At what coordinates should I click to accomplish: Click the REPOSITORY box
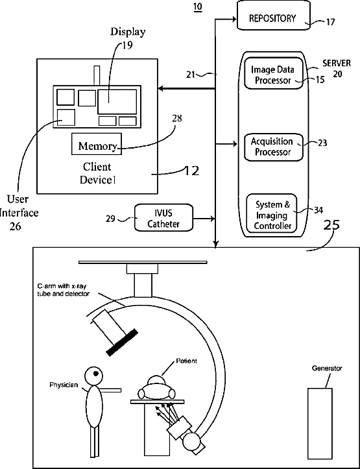(274, 15)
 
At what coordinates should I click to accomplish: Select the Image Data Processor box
(274, 73)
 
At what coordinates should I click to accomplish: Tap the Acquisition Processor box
(274, 147)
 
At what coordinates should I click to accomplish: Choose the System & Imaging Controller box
(272, 213)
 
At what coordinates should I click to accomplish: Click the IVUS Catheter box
(163, 217)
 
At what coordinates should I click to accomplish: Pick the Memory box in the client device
(97, 144)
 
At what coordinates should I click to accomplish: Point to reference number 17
(330, 22)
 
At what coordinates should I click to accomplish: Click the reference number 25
(331, 225)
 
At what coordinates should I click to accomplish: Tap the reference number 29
(110, 219)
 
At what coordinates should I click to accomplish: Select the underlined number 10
(198, 6)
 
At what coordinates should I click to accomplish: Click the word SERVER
(337, 64)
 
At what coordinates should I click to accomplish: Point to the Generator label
(327, 368)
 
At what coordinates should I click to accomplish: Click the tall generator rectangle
(320, 427)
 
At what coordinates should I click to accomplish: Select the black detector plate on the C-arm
(122, 343)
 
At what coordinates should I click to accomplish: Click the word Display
(128, 31)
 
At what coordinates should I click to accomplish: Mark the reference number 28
(176, 119)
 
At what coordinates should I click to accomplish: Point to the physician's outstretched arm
(110, 390)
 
